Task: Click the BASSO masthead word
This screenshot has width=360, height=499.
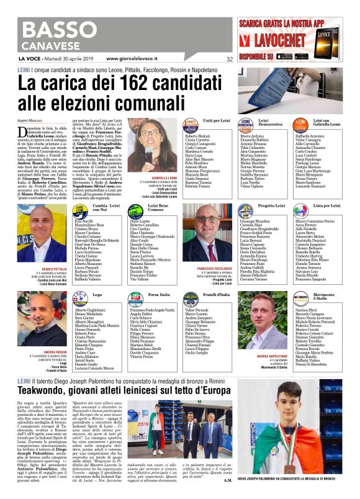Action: coord(49,27)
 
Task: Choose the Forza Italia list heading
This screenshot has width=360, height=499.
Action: coord(142,294)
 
